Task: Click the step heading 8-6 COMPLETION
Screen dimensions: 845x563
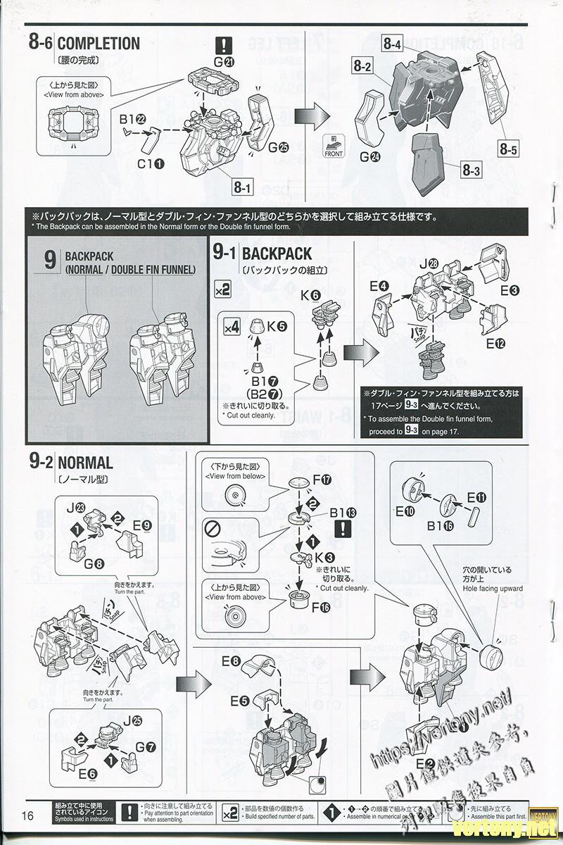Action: click(84, 44)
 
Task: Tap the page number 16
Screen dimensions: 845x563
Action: click(28, 815)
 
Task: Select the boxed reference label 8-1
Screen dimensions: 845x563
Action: click(243, 188)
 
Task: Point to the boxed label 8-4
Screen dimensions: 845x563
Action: click(393, 44)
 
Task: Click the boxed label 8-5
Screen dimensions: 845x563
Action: click(509, 149)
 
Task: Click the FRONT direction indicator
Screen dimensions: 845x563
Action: click(334, 146)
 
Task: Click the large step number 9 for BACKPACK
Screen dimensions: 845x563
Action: click(50, 260)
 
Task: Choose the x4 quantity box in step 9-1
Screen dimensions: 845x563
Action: click(232, 327)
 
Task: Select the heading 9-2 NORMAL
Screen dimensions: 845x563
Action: click(71, 463)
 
